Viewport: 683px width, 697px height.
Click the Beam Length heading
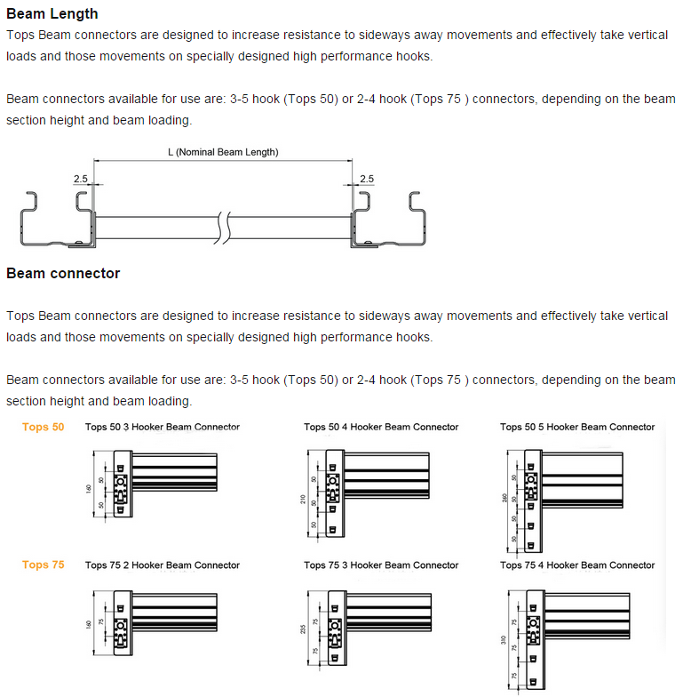point(52,14)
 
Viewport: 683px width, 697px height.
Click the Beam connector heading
point(63,273)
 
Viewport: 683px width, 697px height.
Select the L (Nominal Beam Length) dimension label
point(223,152)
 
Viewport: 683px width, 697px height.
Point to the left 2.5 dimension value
point(81,179)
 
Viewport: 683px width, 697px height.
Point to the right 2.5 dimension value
point(366,179)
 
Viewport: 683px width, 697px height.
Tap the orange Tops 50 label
point(44,427)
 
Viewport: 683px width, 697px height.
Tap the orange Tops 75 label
point(44,565)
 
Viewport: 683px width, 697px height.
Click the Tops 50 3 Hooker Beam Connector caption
point(163,427)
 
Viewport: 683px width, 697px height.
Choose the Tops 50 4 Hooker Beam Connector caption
point(381,427)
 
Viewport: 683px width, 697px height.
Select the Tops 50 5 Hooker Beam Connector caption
point(577,427)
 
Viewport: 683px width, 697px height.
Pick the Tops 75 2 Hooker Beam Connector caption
point(163,565)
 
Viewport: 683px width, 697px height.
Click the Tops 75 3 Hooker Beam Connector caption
point(381,565)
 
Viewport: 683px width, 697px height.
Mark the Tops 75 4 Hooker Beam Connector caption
point(577,565)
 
